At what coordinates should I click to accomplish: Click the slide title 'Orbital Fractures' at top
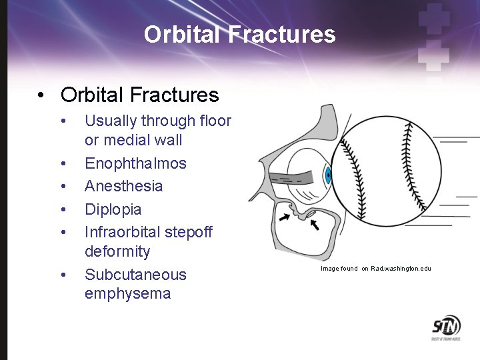(x=239, y=34)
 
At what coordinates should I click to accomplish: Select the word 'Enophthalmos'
(x=135, y=163)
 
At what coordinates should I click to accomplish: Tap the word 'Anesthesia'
(x=123, y=186)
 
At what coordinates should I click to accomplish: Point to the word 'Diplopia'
(x=113, y=209)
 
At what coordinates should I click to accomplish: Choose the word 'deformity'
(x=117, y=252)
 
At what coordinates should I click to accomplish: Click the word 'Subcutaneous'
(x=135, y=275)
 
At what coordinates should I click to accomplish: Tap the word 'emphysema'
(x=127, y=294)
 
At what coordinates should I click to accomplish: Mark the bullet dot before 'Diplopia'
(x=63, y=209)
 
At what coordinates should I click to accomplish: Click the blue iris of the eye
(x=327, y=176)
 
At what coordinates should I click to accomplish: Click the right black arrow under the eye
(x=314, y=225)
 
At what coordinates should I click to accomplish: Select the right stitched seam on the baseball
(x=410, y=167)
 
